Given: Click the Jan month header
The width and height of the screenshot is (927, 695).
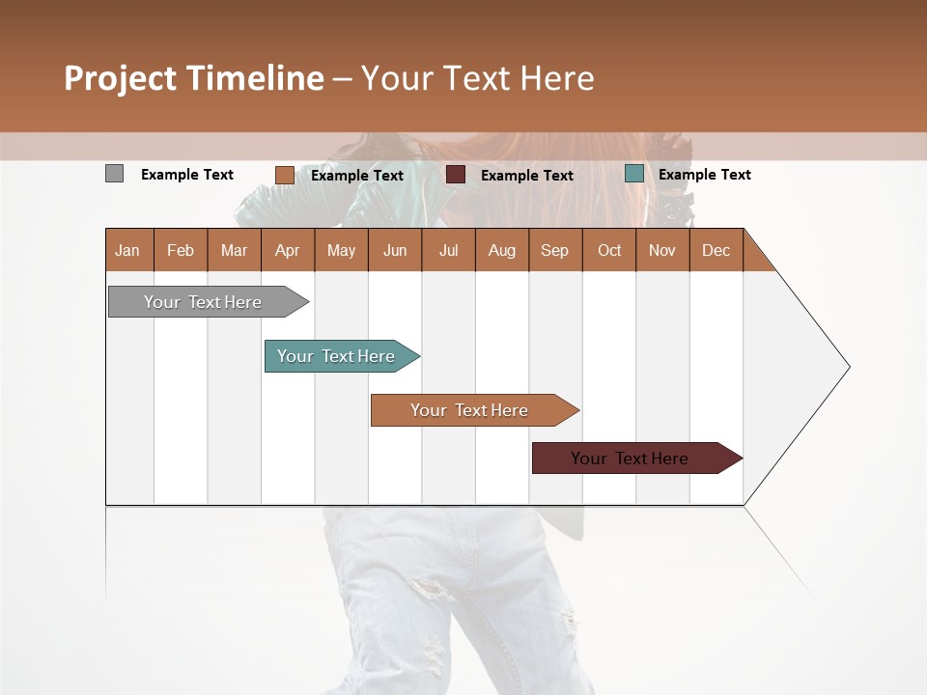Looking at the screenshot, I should click(x=127, y=250).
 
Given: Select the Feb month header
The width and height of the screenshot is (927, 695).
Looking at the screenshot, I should click(x=181, y=250).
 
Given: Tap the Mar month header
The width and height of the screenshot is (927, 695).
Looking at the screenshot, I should click(x=234, y=250).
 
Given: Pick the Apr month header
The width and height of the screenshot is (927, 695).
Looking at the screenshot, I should click(x=287, y=250).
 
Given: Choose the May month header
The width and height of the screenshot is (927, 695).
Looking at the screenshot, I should click(x=341, y=250).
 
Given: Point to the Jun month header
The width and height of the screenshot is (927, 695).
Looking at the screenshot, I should click(x=395, y=250).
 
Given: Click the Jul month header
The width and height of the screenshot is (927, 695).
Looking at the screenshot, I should click(x=448, y=250).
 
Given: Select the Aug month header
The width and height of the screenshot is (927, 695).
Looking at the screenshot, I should click(x=501, y=250).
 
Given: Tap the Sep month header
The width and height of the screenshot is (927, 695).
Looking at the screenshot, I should click(x=554, y=250).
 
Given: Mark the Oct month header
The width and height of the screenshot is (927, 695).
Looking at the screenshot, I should click(x=609, y=250).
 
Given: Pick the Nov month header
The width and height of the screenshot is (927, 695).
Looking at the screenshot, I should click(x=662, y=250).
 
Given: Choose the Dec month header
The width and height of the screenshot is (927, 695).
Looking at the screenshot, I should click(x=716, y=250).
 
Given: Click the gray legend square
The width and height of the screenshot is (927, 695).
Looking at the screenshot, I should click(x=114, y=174).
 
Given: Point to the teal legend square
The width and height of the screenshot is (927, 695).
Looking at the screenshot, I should click(x=633, y=174).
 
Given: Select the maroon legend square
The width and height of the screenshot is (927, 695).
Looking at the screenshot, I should click(x=456, y=175).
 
